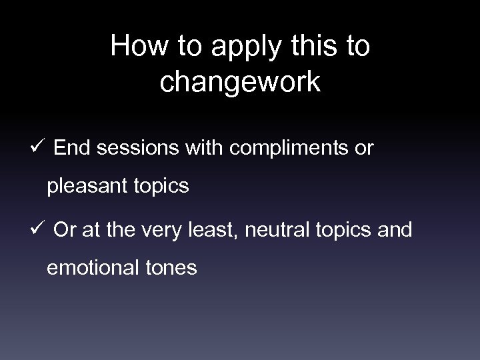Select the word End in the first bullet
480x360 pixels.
click(72, 148)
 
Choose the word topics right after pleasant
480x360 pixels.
click(160, 187)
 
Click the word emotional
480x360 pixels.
click(93, 269)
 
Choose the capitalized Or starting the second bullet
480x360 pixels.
click(65, 230)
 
